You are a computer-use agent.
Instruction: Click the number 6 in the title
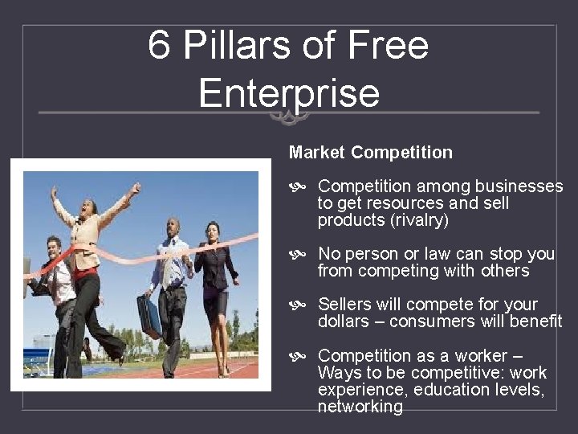(x=159, y=46)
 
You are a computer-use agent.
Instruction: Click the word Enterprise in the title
(x=289, y=92)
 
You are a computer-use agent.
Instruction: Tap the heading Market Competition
(x=371, y=152)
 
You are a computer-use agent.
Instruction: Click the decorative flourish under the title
(x=289, y=117)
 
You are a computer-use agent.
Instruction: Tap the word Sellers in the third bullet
(x=347, y=305)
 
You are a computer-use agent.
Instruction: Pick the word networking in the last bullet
(x=360, y=407)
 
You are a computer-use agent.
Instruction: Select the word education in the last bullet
(x=450, y=390)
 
